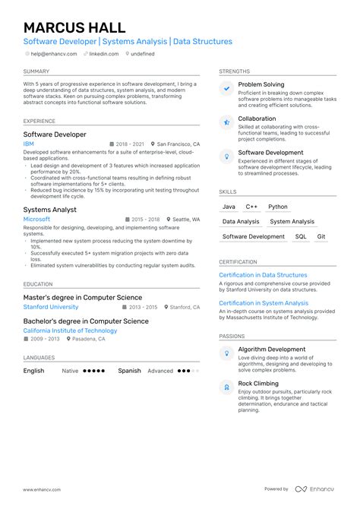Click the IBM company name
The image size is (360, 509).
29,144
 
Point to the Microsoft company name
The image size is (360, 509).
36,219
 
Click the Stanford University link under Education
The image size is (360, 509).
50,307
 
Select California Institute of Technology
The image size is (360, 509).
70,330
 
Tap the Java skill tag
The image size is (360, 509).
229,207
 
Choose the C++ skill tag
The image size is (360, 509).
251,207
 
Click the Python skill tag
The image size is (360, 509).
278,207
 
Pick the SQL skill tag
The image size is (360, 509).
301,236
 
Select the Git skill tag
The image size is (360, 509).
321,236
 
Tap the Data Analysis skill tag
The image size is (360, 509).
241,222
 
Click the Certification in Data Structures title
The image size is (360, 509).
263,275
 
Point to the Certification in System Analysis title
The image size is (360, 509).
264,303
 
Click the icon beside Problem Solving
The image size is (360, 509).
226,89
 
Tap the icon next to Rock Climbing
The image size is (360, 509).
226,387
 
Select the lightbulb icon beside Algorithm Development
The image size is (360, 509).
226,353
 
